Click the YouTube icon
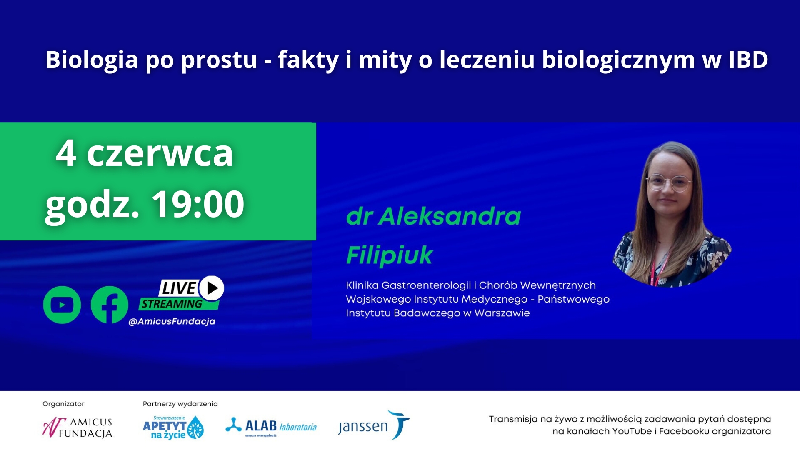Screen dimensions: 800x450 (62, 305)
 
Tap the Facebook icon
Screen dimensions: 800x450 (110, 305)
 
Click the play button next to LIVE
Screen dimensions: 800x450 (212, 288)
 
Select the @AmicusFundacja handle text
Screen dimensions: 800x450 (172, 321)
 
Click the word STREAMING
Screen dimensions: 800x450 (172, 304)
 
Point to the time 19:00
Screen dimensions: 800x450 (197, 204)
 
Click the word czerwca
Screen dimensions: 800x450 (160, 154)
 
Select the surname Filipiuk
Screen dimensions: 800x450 (390, 255)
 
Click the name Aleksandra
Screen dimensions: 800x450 (450, 216)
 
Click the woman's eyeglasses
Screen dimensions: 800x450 (668, 182)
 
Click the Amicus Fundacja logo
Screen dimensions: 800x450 (77, 427)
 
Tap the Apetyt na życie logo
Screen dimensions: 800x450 (173, 427)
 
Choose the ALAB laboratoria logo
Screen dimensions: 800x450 (271, 427)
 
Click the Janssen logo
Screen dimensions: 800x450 (374, 425)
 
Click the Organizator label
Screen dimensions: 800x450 (63, 404)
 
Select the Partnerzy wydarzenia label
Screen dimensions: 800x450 (180, 404)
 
